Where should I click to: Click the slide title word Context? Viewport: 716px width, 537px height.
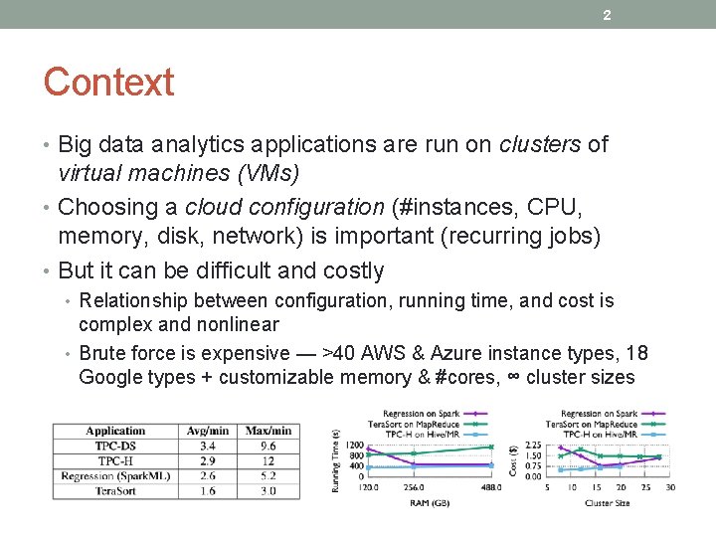[x=108, y=83]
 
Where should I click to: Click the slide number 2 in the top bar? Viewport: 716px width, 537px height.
[x=607, y=14]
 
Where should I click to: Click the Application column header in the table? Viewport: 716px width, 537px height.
[x=115, y=431]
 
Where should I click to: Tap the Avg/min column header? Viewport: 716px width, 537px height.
[x=207, y=431]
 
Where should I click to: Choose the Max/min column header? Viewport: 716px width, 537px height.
[x=268, y=431]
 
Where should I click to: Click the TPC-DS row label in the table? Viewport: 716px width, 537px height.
[x=115, y=446]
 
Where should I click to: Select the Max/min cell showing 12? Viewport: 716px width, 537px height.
[x=268, y=461]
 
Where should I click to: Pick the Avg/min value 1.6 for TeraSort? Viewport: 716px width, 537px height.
[x=207, y=491]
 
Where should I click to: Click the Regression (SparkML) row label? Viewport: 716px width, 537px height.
[x=115, y=476]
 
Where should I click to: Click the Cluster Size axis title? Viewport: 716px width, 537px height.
[x=609, y=502]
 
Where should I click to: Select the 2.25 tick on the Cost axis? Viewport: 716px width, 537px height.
[x=532, y=445]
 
